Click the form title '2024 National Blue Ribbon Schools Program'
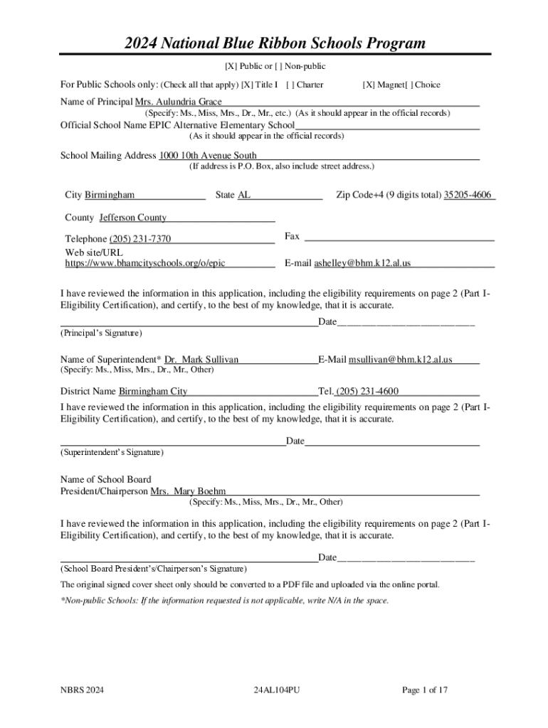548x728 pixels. point(273,43)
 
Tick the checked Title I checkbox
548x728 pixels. point(246,85)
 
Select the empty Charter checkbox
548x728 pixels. point(289,85)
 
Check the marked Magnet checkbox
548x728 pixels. point(367,85)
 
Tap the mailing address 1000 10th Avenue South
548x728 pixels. point(208,156)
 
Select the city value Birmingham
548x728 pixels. point(110,195)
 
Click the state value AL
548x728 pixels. point(243,195)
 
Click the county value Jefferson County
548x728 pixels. point(133,218)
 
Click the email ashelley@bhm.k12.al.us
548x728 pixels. point(362,263)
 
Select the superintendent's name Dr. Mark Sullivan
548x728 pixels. point(201,360)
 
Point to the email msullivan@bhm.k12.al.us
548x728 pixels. point(400,360)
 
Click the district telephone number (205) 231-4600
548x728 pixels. point(367,391)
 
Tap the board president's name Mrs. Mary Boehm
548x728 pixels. point(188,491)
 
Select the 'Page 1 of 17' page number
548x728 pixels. point(425,690)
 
